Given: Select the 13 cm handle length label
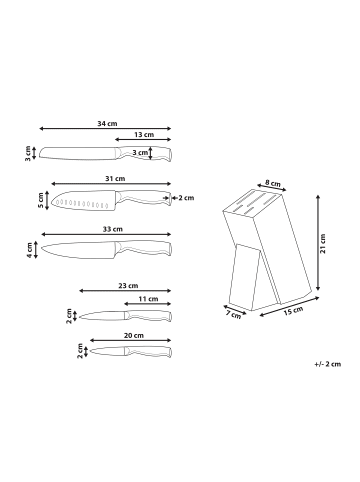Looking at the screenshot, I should pyautogui.click(x=143, y=134).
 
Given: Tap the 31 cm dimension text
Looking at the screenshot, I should pyautogui.click(x=115, y=179).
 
